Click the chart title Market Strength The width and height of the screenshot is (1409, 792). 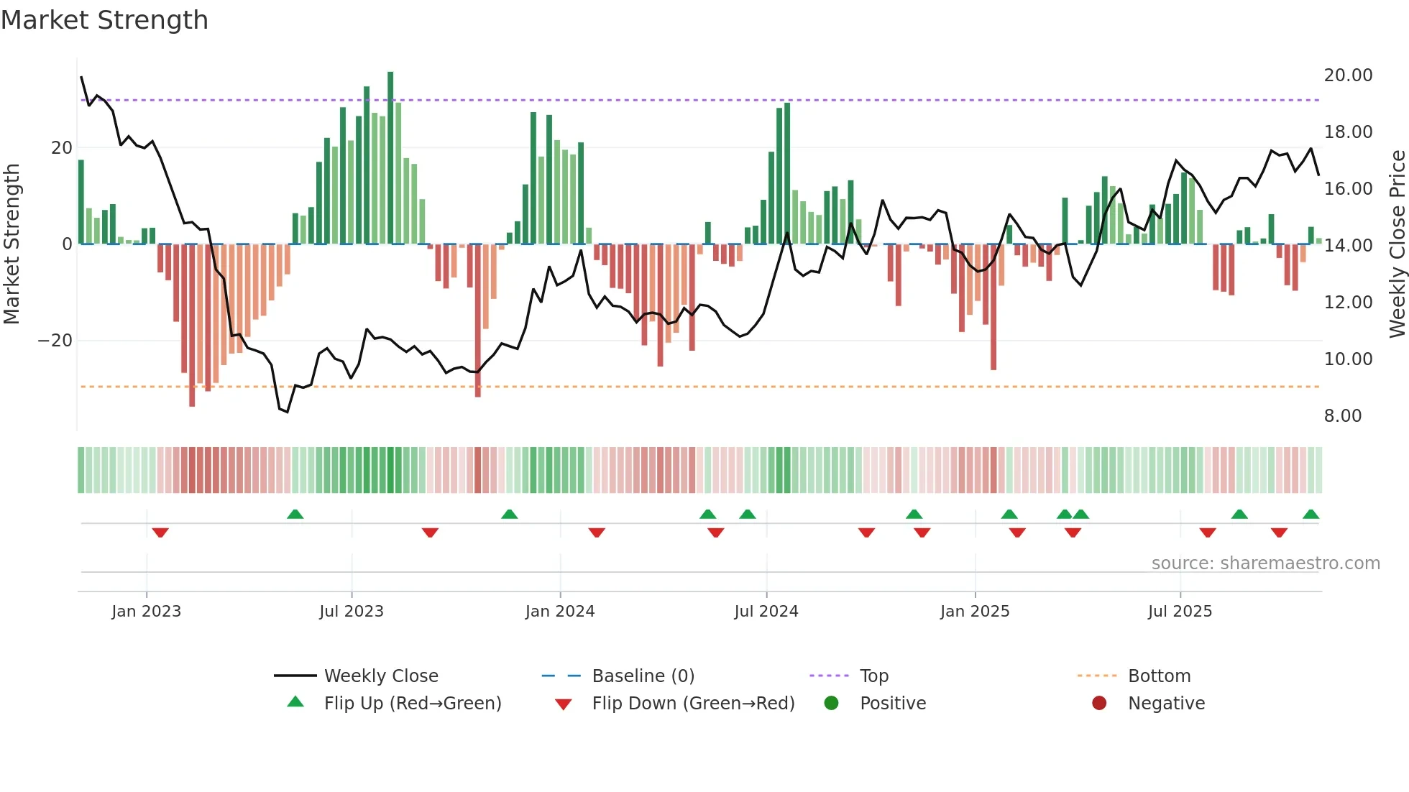(x=104, y=20)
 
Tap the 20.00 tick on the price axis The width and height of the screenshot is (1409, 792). (x=1348, y=75)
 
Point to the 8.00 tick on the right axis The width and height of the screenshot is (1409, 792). (x=1342, y=416)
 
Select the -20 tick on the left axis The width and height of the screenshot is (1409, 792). (x=55, y=341)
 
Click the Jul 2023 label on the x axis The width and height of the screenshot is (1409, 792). (x=352, y=612)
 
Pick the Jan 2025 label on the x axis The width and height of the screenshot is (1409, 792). (x=975, y=612)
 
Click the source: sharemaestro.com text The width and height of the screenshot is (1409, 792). (x=1265, y=563)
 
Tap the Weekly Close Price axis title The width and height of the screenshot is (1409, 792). (x=1397, y=244)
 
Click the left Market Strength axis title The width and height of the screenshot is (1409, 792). (x=12, y=244)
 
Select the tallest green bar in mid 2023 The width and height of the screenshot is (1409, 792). (x=390, y=158)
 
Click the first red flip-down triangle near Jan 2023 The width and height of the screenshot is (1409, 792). (x=160, y=533)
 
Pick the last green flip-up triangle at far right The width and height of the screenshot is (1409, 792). (x=1311, y=515)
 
